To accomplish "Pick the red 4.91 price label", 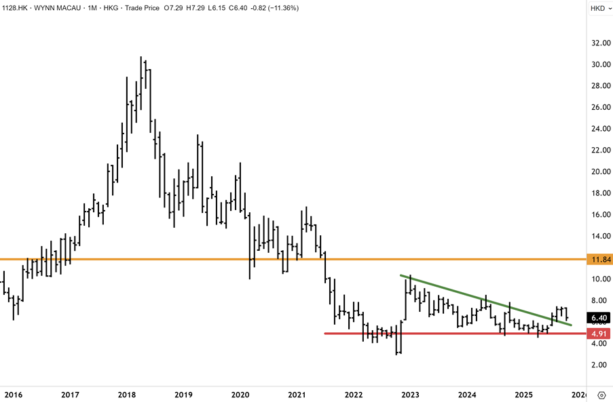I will (599, 334).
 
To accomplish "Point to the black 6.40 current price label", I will (599, 317).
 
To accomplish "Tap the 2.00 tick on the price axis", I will (599, 365).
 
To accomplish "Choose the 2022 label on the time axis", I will (353, 395).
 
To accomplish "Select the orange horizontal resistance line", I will (204, 260).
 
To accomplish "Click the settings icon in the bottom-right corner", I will (601, 395).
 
